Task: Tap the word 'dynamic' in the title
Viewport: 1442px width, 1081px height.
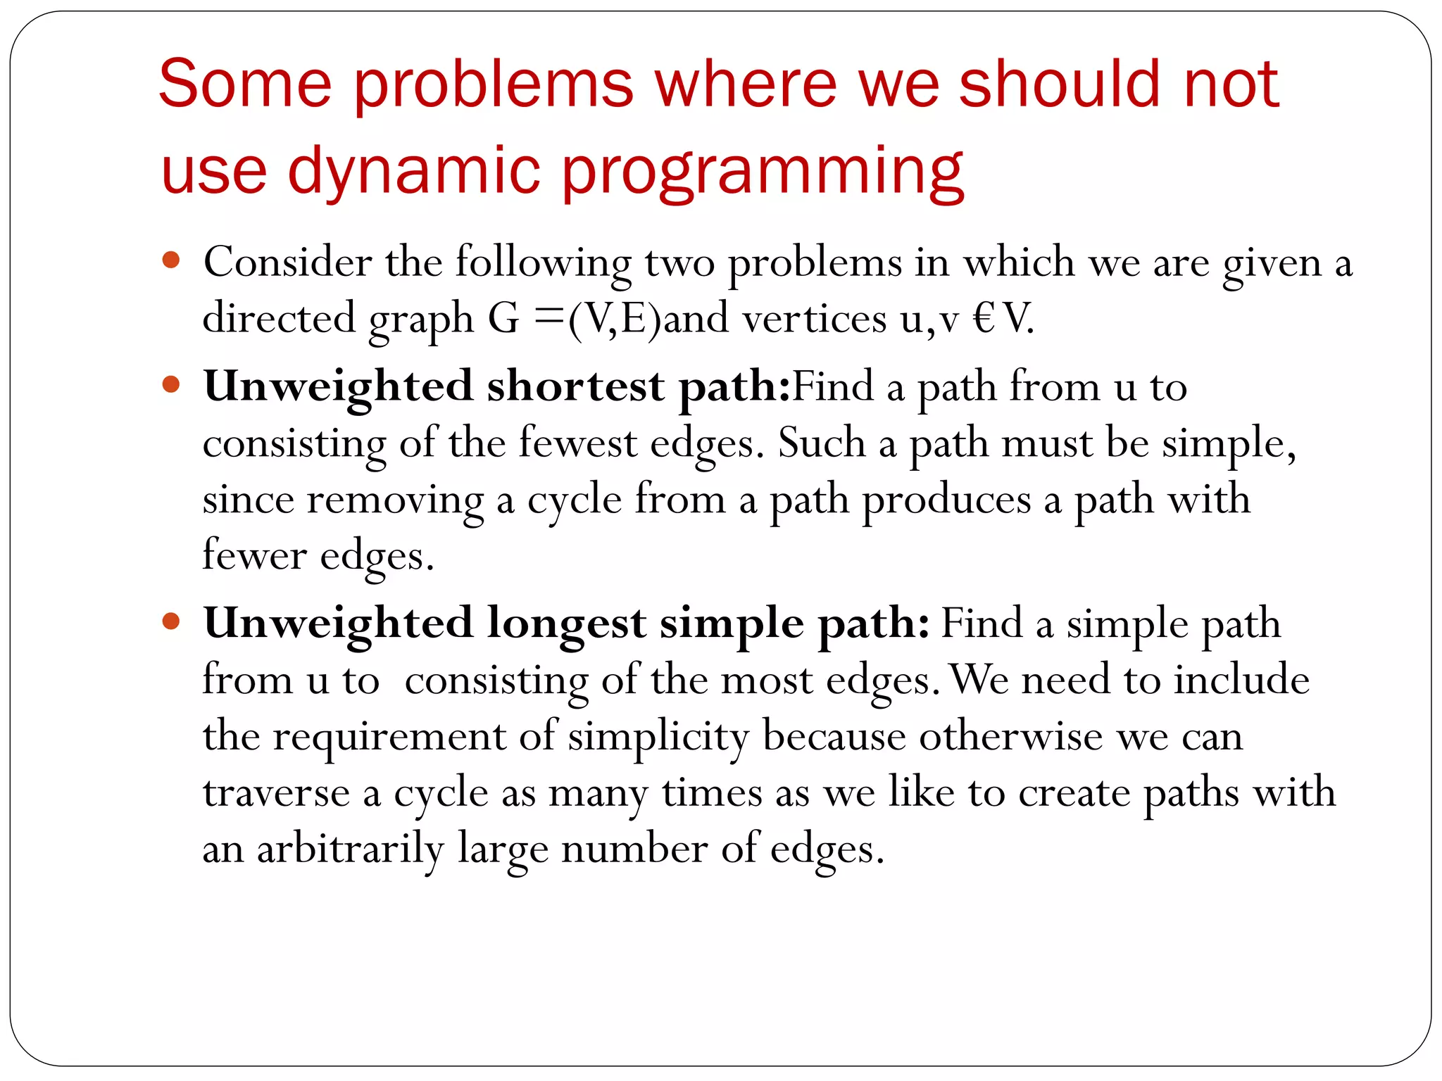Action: click(413, 171)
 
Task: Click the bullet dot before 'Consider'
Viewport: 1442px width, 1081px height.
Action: click(171, 260)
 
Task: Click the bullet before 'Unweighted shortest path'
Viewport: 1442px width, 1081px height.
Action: click(171, 385)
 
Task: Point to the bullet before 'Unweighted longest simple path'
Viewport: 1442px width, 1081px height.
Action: click(171, 621)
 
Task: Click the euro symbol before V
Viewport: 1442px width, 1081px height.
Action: click(984, 319)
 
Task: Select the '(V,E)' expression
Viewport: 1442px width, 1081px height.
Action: click(615, 319)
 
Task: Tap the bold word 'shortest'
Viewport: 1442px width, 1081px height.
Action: click(575, 386)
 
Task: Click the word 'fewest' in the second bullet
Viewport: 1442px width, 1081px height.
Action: click(577, 443)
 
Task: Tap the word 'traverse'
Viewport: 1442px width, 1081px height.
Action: click(276, 793)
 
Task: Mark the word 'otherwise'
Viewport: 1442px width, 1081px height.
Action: click(1010, 737)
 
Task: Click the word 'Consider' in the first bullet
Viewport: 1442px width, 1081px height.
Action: click(287, 262)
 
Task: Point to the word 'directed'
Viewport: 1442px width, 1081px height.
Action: click(279, 319)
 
